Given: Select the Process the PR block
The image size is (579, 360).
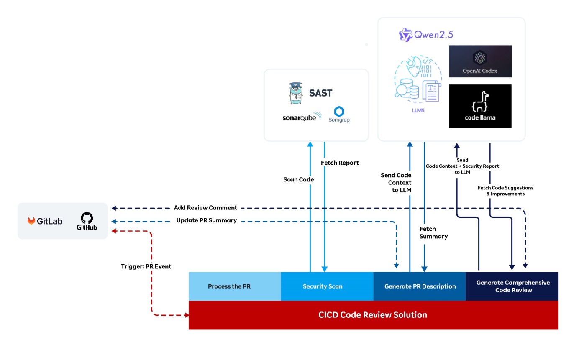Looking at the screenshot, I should pyautogui.click(x=235, y=286).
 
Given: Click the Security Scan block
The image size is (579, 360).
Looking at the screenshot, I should pyautogui.click(x=323, y=286).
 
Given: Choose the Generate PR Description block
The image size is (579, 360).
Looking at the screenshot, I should pyautogui.click(x=420, y=286).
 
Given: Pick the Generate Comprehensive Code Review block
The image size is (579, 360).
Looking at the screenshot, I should pyautogui.click(x=512, y=286).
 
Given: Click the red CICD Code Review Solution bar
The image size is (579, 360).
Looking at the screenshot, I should pyautogui.click(x=373, y=315).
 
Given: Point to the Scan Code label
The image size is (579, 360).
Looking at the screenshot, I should pyautogui.click(x=298, y=179).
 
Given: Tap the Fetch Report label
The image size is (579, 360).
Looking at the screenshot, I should pyautogui.click(x=340, y=163).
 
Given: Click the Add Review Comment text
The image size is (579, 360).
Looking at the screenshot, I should pyautogui.click(x=205, y=208).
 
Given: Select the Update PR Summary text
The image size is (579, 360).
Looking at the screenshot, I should pyautogui.click(x=206, y=220).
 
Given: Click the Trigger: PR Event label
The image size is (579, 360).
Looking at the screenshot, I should pyautogui.click(x=146, y=266).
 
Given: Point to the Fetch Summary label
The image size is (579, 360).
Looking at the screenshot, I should pyautogui.click(x=433, y=232).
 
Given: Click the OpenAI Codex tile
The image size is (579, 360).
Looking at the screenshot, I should pyautogui.click(x=480, y=61).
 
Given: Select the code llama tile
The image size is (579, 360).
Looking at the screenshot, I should pyautogui.click(x=480, y=106).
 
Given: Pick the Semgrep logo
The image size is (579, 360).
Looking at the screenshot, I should pyautogui.click(x=339, y=114).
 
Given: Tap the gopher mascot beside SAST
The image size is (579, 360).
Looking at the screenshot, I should pyautogui.click(x=296, y=93).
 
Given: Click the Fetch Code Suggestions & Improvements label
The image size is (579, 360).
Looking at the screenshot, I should pyautogui.click(x=505, y=191).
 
